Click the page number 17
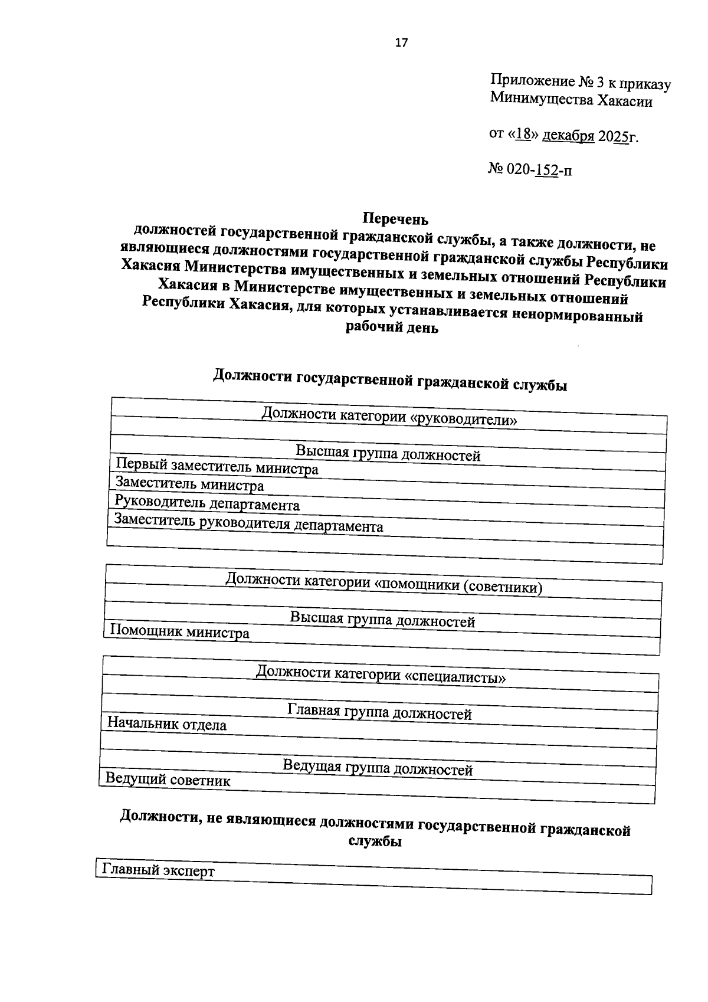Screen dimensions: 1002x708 (401, 42)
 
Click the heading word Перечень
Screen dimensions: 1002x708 (395, 219)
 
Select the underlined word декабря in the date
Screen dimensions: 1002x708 (568, 136)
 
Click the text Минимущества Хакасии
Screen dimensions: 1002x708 (571, 100)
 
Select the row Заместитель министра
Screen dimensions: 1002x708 (190, 485)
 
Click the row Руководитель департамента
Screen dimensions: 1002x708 (208, 503)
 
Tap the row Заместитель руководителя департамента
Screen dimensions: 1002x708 (249, 523)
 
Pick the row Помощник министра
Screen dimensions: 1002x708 (180, 632)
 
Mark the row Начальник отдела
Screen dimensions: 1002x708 (167, 724)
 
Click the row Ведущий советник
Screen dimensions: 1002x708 (168, 780)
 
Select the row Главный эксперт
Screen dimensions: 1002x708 (159, 870)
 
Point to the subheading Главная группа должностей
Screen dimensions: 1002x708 (379, 712)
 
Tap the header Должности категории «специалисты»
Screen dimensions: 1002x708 (381, 674)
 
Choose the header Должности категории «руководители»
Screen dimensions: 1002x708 (389, 417)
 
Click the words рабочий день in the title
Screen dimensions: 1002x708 (392, 328)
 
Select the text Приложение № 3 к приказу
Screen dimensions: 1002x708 (581, 83)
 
